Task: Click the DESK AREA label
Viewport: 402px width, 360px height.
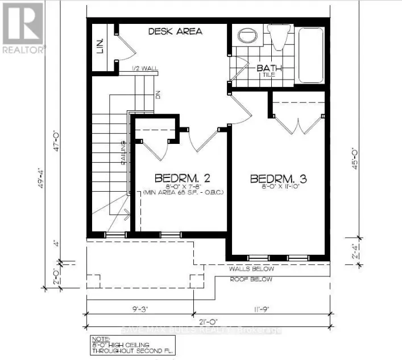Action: (x=175, y=31)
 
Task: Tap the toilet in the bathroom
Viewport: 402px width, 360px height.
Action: (x=279, y=36)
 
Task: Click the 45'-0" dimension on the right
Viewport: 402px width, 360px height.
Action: (x=355, y=160)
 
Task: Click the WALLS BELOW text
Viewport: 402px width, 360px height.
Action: (x=251, y=269)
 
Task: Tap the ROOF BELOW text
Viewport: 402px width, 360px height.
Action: (x=251, y=280)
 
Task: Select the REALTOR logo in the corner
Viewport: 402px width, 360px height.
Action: (x=23, y=27)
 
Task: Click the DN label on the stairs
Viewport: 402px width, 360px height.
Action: (x=159, y=95)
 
